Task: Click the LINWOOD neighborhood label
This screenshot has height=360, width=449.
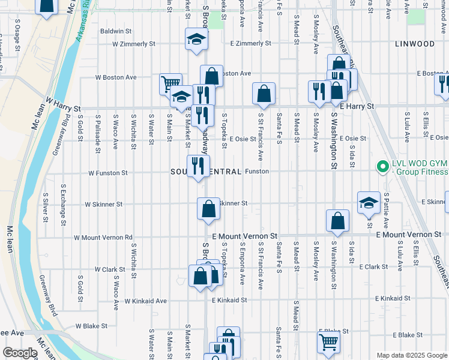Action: click(x=415, y=44)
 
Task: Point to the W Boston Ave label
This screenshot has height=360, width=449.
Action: click(x=116, y=77)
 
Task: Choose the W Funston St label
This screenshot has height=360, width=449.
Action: click(x=108, y=173)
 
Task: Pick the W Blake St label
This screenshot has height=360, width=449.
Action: click(x=91, y=326)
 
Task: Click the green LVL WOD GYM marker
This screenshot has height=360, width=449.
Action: click(x=381, y=166)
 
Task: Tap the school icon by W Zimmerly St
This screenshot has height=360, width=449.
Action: click(x=196, y=40)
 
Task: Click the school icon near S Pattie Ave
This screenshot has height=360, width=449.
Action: click(x=368, y=203)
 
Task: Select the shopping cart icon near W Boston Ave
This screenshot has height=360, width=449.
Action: click(x=170, y=83)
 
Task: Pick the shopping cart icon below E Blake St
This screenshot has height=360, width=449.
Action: click(x=328, y=341)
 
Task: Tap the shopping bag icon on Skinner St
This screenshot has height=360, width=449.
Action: click(x=208, y=208)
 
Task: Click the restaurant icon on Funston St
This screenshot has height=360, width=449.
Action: click(x=197, y=166)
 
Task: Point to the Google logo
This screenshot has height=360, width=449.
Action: click(x=20, y=353)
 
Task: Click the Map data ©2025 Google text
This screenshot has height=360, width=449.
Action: click(x=411, y=355)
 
